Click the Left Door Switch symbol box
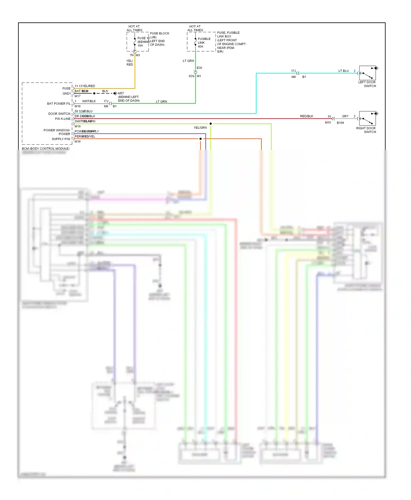pyautogui.click(x=367, y=73)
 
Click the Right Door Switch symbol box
pyautogui.click(x=367, y=118)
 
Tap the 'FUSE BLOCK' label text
pyautogui.click(x=159, y=33)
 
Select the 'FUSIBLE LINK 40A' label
pyautogui.click(x=204, y=43)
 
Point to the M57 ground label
pyautogui.click(x=121, y=93)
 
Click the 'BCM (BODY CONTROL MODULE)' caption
pyautogui.click(x=46, y=149)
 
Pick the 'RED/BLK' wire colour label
pyautogui.click(x=306, y=116)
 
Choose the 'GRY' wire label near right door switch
pyautogui.click(x=345, y=116)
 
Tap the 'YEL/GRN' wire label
pyautogui.click(x=200, y=128)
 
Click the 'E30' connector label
pyautogui.click(x=199, y=68)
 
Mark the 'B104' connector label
pyautogui.click(x=340, y=123)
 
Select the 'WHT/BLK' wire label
pyautogui.click(x=89, y=101)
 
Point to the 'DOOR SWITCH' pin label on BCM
pyautogui.click(x=59, y=114)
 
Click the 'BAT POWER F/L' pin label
pyautogui.click(x=59, y=104)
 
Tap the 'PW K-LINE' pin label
pyautogui.click(x=63, y=119)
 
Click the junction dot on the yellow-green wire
pyautogui.click(x=210, y=124)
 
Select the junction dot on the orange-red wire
pyautogui.click(x=200, y=139)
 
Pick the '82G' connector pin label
pyautogui.click(x=191, y=76)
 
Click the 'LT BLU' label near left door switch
pyautogui.click(x=343, y=71)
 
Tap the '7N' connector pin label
pyautogui.click(x=132, y=55)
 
